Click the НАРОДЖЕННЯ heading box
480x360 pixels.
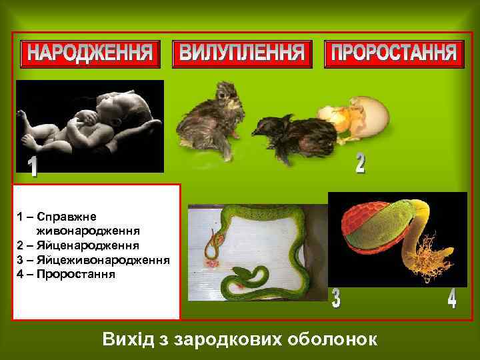[91, 53]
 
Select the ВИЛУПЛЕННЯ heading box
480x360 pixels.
[242, 53]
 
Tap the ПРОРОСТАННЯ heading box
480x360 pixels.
[393, 53]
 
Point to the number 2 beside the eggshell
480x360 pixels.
[360, 162]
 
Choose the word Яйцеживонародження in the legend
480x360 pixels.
[94, 260]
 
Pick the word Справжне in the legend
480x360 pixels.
[67, 217]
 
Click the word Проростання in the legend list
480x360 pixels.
[77, 274]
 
